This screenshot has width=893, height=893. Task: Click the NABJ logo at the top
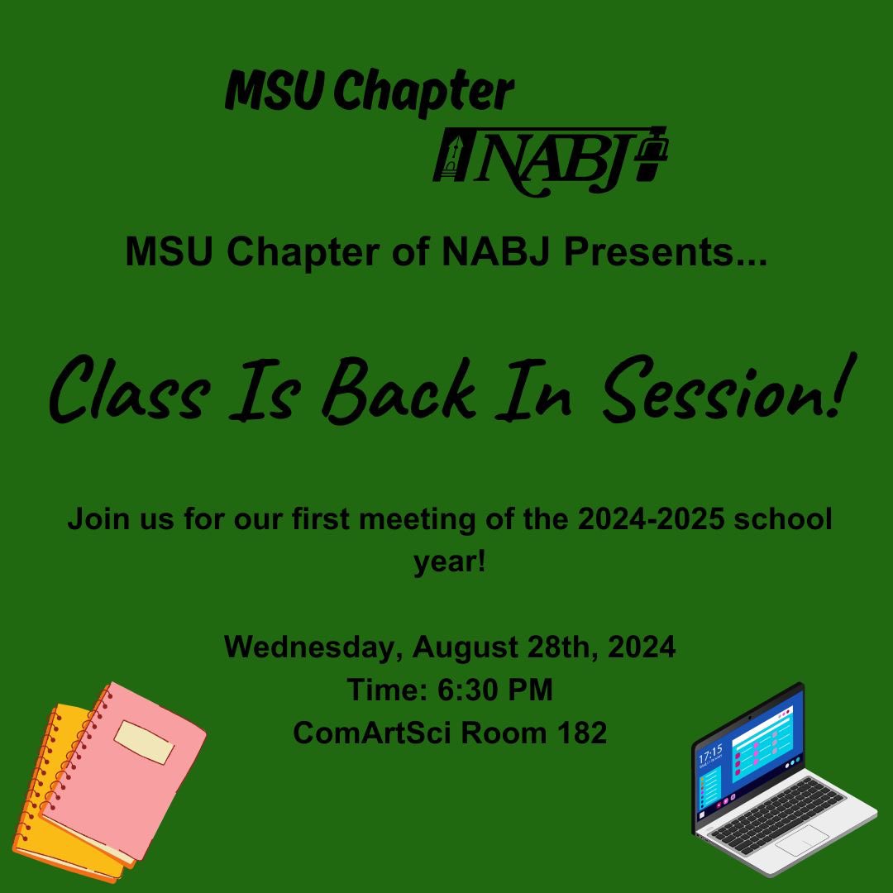(550, 160)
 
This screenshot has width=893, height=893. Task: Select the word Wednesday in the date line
(313, 646)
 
